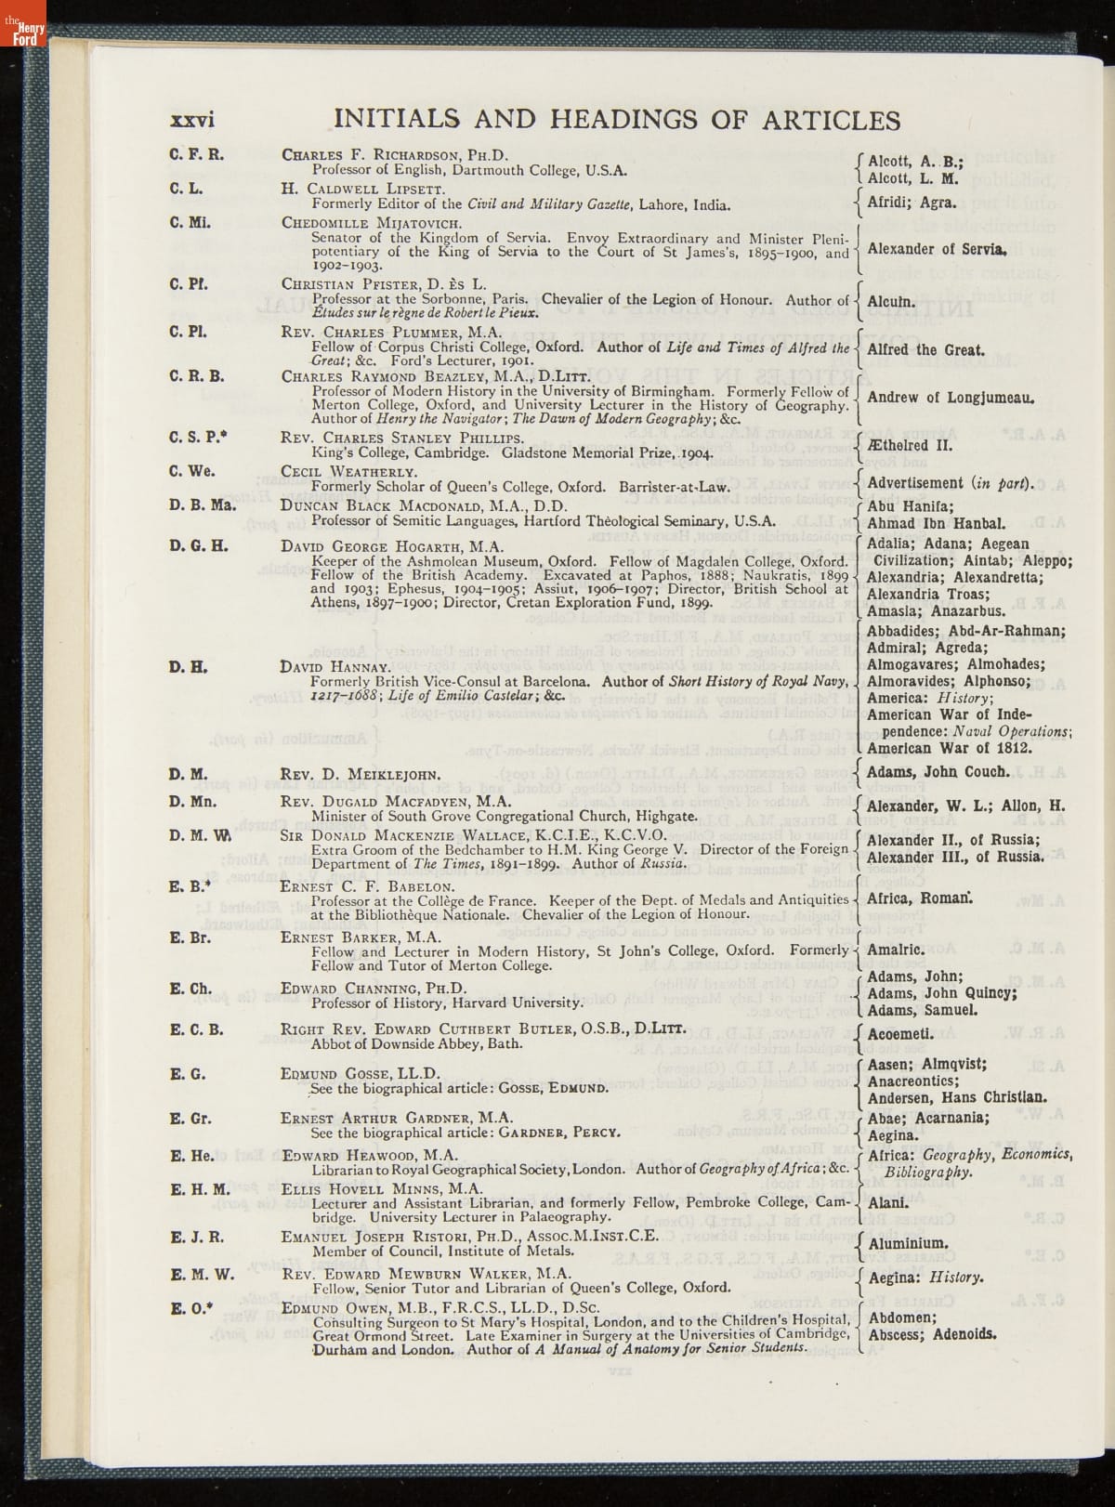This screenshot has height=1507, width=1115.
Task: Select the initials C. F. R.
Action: point(196,154)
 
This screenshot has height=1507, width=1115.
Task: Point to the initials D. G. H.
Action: point(198,545)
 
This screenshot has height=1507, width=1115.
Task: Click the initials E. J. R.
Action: point(197,1238)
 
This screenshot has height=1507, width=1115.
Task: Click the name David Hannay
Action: point(334,667)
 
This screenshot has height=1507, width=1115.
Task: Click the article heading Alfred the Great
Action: point(925,350)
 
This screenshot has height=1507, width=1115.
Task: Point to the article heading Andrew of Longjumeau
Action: point(951,398)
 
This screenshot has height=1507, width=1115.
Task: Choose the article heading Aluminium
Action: point(908,1243)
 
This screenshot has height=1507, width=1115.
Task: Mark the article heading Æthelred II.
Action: point(905,444)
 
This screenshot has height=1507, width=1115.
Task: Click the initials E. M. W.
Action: point(202,1274)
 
